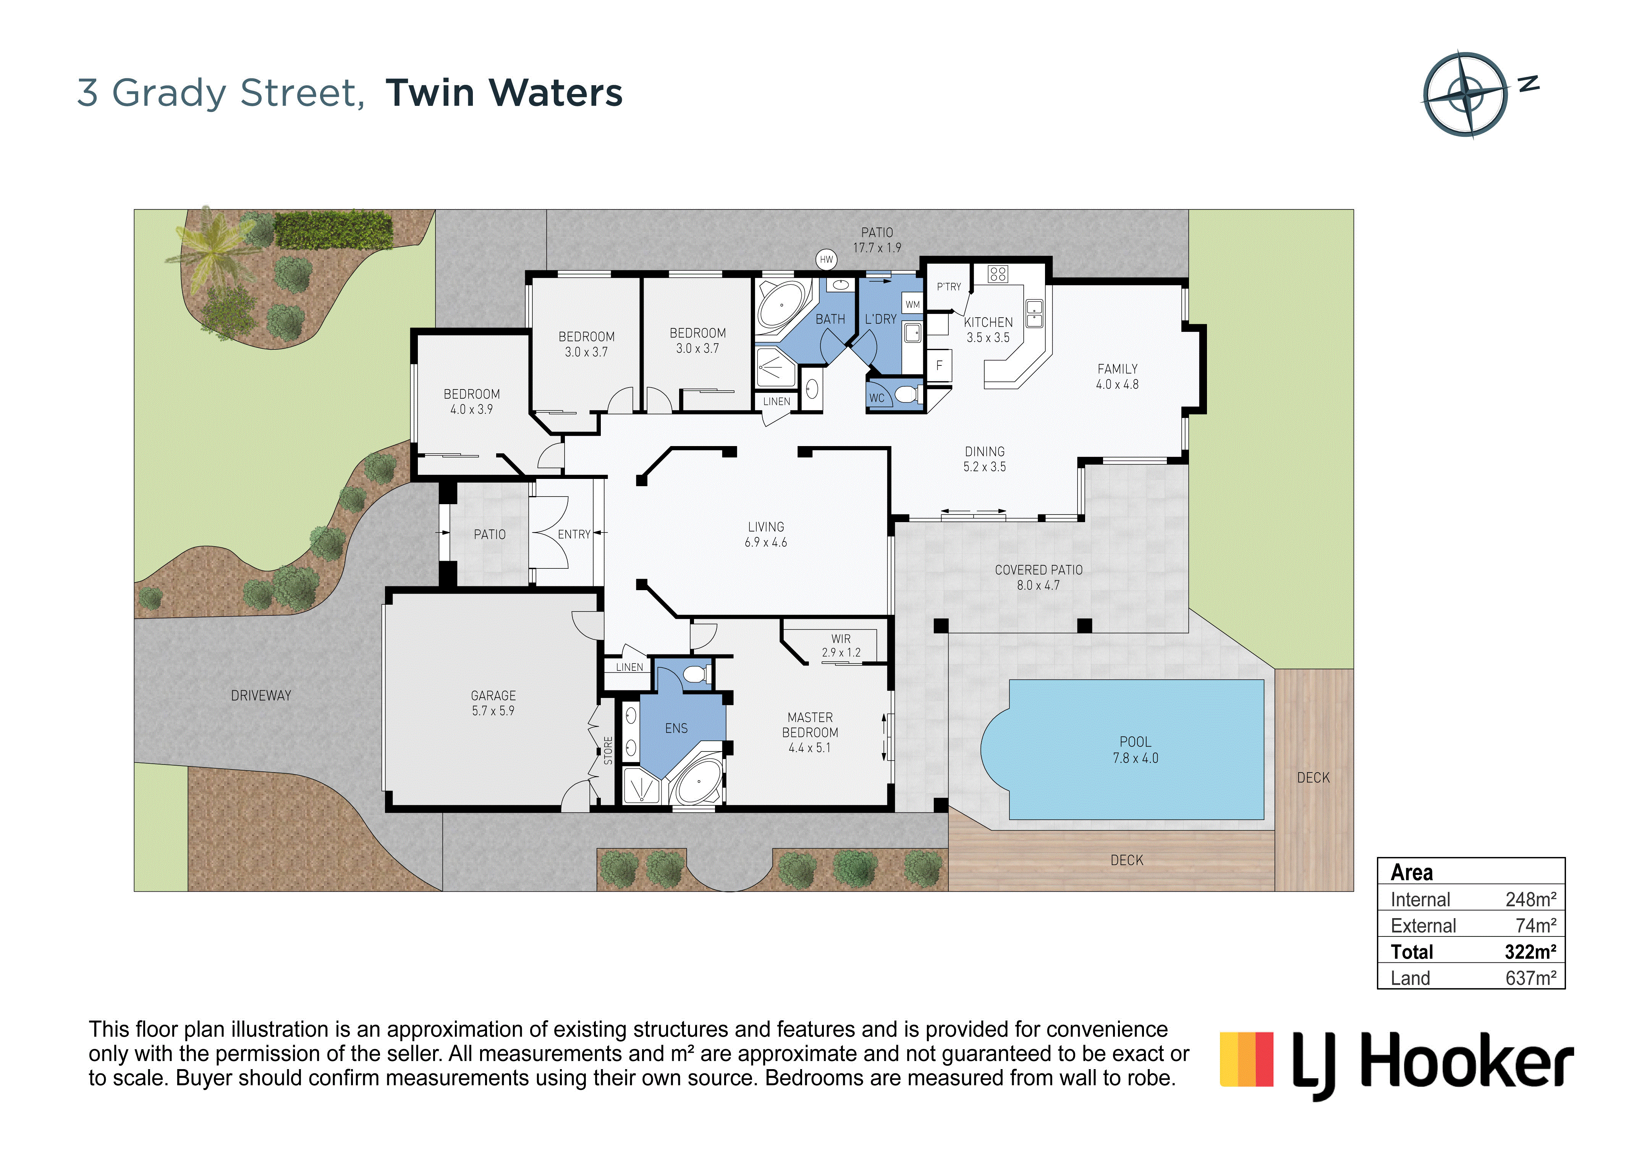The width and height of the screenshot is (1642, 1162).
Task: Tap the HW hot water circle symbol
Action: coord(826,259)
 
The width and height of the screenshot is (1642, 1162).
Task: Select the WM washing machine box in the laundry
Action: coord(912,304)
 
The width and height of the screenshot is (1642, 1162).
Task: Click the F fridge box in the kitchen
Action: coord(939,365)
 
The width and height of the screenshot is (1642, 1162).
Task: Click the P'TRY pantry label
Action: coord(949,286)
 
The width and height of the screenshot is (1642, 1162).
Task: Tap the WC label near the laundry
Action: coord(877,398)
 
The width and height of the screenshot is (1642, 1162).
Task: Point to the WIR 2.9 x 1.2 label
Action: coord(841,645)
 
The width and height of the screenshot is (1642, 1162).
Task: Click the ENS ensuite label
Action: coord(676,729)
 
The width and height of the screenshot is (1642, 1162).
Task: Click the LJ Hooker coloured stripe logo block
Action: coord(1247,1059)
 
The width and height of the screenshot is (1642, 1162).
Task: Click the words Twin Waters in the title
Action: coord(504,93)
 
